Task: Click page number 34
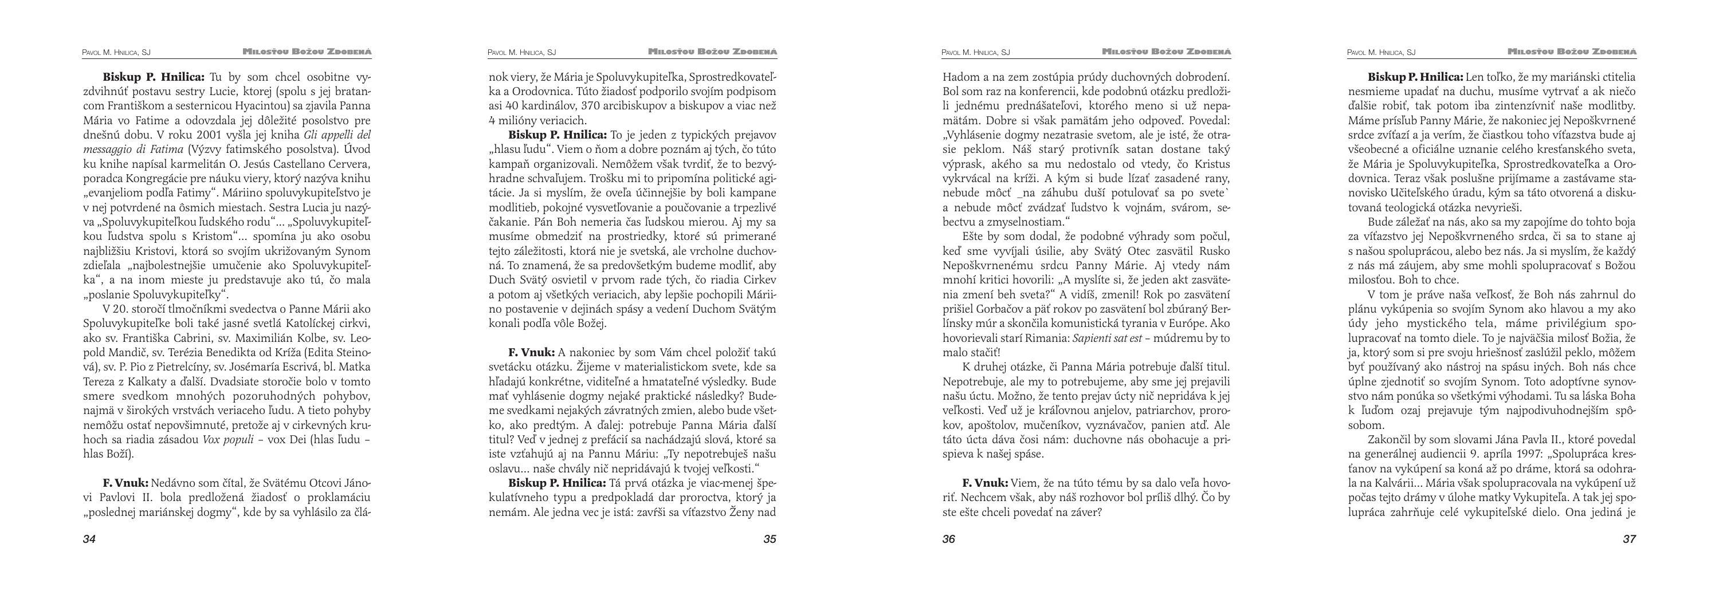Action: (89, 539)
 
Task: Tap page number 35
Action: (770, 539)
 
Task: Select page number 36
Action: (949, 539)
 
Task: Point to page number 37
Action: (1629, 539)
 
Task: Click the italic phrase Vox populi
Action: (227, 440)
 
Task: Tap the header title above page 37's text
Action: (1572, 52)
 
